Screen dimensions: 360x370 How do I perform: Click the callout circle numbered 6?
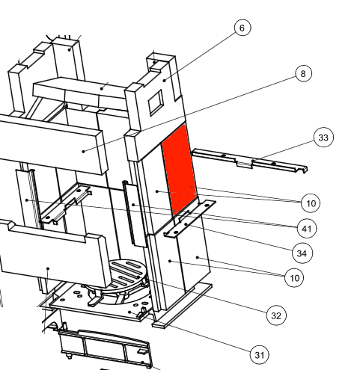pos(242,28)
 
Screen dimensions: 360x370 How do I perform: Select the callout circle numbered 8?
pos(303,73)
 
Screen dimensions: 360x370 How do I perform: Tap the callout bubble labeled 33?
pos(323,138)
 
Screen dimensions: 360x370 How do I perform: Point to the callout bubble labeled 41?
pos(307,229)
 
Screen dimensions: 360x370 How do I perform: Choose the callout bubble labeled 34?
pos(302,253)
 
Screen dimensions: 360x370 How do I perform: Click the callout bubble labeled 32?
pos(276,315)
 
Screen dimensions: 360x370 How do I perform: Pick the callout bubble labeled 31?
pos(260,355)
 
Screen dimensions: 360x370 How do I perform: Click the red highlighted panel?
pos(180,169)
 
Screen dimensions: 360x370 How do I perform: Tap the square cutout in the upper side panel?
pos(156,102)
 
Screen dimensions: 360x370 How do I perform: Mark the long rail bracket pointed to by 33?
pos(249,161)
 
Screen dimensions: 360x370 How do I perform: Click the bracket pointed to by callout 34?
pos(189,218)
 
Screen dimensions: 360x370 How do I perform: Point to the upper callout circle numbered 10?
pos(311,203)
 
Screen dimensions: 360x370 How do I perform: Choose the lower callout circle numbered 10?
pos(294,277)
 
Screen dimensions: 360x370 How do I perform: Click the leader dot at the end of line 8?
pos(84,151)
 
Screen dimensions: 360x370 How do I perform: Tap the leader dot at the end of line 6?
pos(165,80)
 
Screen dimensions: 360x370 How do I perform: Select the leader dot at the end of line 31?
pos(129,312)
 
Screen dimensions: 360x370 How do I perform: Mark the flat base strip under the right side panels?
pos(183,306)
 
